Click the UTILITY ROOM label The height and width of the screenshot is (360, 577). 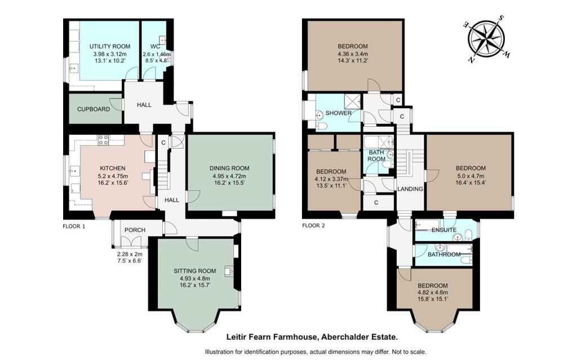pos(110,46)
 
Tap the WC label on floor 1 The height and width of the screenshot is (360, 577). pos(156,46)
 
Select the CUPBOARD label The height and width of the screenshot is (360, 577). pos(94,109)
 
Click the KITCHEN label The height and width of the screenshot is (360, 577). pos(112,168)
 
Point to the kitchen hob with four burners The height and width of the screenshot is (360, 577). pos(104,140)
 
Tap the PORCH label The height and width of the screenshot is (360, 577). pos(135,230)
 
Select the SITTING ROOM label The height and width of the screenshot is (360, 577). pos(194,270)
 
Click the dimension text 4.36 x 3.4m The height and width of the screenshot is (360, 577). pos(352,54)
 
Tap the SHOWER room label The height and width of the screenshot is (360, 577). pos(339,113)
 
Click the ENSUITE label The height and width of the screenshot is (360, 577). pos(443,230)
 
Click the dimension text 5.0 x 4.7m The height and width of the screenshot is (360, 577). pos(470,176)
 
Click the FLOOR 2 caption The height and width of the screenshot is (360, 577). pos(314,225)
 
